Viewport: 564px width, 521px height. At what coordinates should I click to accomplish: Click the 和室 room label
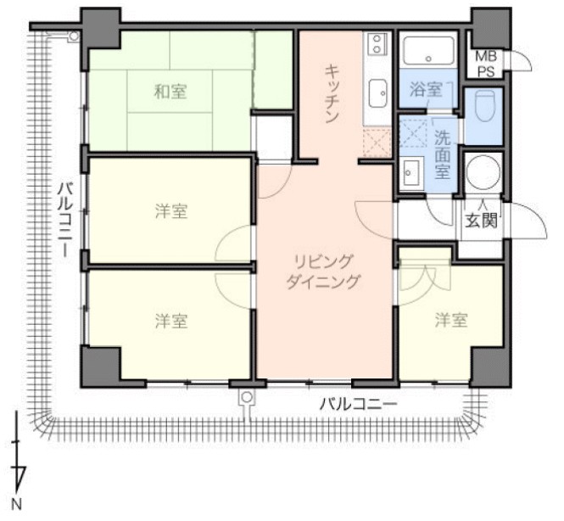click(x=170, y=92)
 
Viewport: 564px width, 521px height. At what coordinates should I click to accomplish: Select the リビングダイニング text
click(x=322, y=272)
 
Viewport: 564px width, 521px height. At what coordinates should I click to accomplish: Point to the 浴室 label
click(x=426, y=89)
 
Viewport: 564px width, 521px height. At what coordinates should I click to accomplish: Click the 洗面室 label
click(x=443, y=154)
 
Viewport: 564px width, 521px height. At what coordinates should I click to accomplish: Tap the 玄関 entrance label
click(x=482, y=221)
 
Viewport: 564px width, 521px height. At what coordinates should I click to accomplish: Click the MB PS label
click(x=486, y=64)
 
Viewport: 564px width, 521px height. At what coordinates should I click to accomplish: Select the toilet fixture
click(x=483, y=106)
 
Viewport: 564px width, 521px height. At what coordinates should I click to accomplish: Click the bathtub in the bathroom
click(x=428, y=51)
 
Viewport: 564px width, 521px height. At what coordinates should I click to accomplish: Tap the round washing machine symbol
click(x=483, y=172)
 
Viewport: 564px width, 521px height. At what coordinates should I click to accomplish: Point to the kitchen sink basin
click(x=377, y=92)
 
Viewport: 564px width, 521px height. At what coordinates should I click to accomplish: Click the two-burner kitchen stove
click(x=377, y=43)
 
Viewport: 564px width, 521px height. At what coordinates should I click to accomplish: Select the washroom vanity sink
click(x=410, y=172)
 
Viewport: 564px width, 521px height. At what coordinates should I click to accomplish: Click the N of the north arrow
click(x=17, y=504)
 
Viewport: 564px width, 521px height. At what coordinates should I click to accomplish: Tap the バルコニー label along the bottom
click(x=358, y=405)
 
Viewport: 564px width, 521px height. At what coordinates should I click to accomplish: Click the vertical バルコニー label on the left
click(x=65, y=220)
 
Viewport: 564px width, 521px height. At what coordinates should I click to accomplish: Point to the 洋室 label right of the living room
click(x=451, y=320)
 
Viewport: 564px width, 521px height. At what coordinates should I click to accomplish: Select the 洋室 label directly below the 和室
click(x=171, y=210)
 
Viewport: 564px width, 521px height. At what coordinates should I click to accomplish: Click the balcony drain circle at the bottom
click(x=247, y=397)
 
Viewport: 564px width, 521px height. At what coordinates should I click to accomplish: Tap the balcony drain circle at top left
click(x=74, y=36)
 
